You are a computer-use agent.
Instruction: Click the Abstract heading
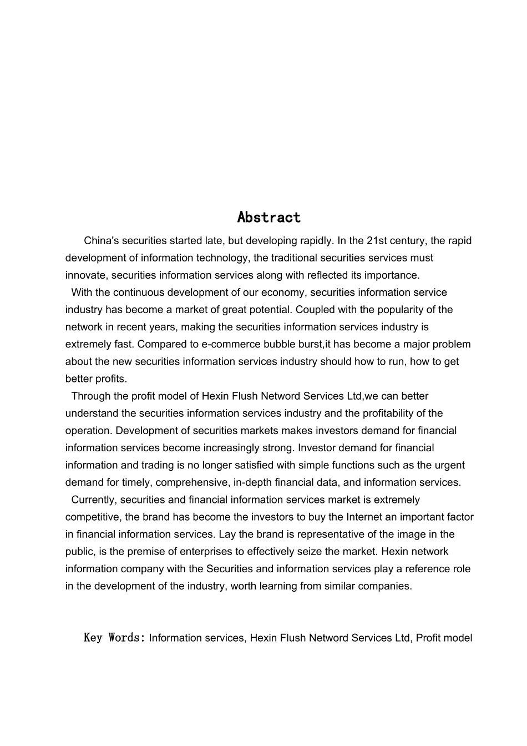pyautogui.click(x=268, y=217)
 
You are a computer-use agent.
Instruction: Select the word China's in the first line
pyautogui.click(x=102, y=241)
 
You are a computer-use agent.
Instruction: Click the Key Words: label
pyautogui.click(x=114, y=638)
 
